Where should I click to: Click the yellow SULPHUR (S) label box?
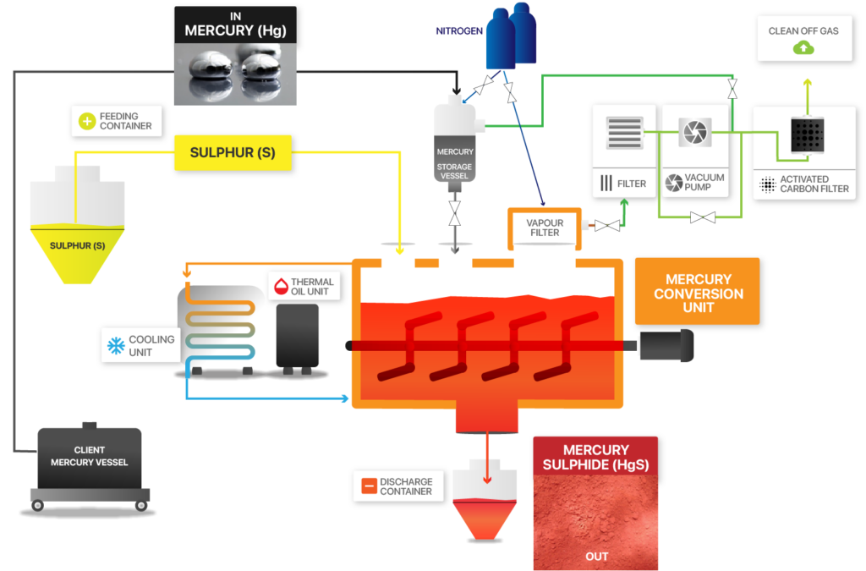click(x=232, y=153)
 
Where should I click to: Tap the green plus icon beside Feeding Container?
click(x=86, y=121)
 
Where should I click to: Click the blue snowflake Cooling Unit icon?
click(x=114, y=345)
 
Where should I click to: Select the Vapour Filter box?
click(x=545, y=227)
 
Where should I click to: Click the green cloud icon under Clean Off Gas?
click(x=803, y=48)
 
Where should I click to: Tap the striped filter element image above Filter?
click(x=624, y=134)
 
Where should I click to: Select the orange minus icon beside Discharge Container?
click(x=368, y=486)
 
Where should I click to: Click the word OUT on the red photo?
click(x=596, y=556)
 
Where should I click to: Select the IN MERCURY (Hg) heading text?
click(x=234, y=25)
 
